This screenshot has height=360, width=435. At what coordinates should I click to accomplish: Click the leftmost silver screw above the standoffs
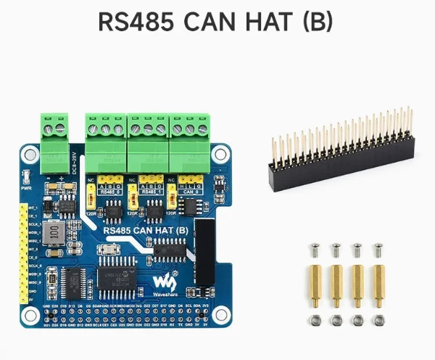tap(315, 251)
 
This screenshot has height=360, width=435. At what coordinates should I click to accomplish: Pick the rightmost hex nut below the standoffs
tap(378, 320)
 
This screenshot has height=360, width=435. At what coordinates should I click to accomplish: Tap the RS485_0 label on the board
tap(109, 193)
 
